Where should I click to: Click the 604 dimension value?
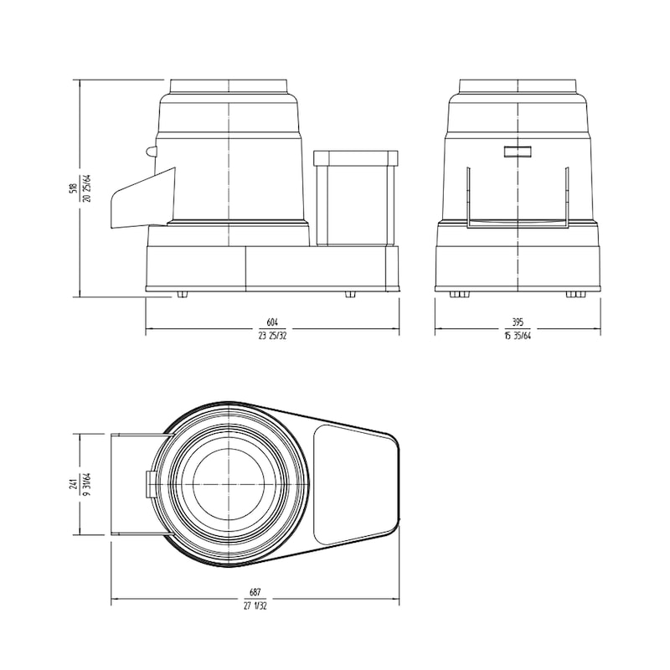coord(271,322)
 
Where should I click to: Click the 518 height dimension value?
coord(74,188)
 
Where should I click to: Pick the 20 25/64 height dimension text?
coord(86,188)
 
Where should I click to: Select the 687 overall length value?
coord(255,591)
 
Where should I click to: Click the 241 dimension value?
coord(74,483)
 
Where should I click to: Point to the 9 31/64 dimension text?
coord(86,483)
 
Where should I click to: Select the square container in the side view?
coord(355,198)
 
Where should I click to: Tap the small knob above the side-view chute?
coord(151,152)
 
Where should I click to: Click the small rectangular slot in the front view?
coord(518,151)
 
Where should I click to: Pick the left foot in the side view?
coord(182,295)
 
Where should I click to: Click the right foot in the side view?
coord(350,295)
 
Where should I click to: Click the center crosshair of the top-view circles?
coord(229,484)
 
